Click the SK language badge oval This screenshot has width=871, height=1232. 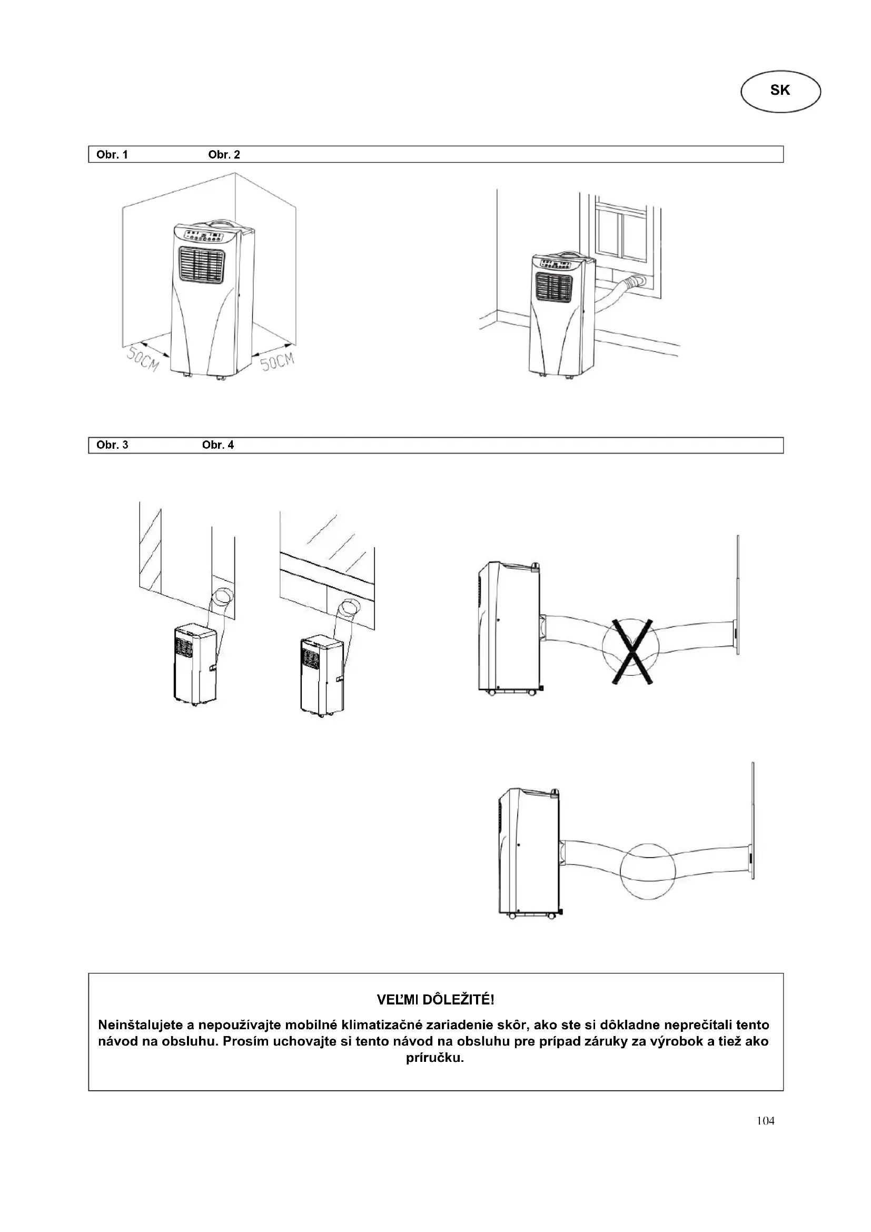coord(780,91)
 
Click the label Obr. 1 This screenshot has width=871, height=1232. coord(112,155)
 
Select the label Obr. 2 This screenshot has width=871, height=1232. coord(224,155)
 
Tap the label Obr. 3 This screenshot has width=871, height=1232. coord(112,445)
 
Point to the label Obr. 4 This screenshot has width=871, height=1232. coord(218,445)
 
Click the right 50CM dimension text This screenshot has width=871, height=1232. coord(278,361)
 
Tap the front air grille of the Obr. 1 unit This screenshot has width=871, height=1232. coord(201,265)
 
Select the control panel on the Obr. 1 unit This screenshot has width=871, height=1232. coord(204,235)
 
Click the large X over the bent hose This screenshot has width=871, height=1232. coord(632,652)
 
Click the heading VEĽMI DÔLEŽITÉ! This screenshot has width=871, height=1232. coord(435,1000)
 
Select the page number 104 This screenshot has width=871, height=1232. coord(765,1120)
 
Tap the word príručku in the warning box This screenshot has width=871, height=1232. coord(435,1058)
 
